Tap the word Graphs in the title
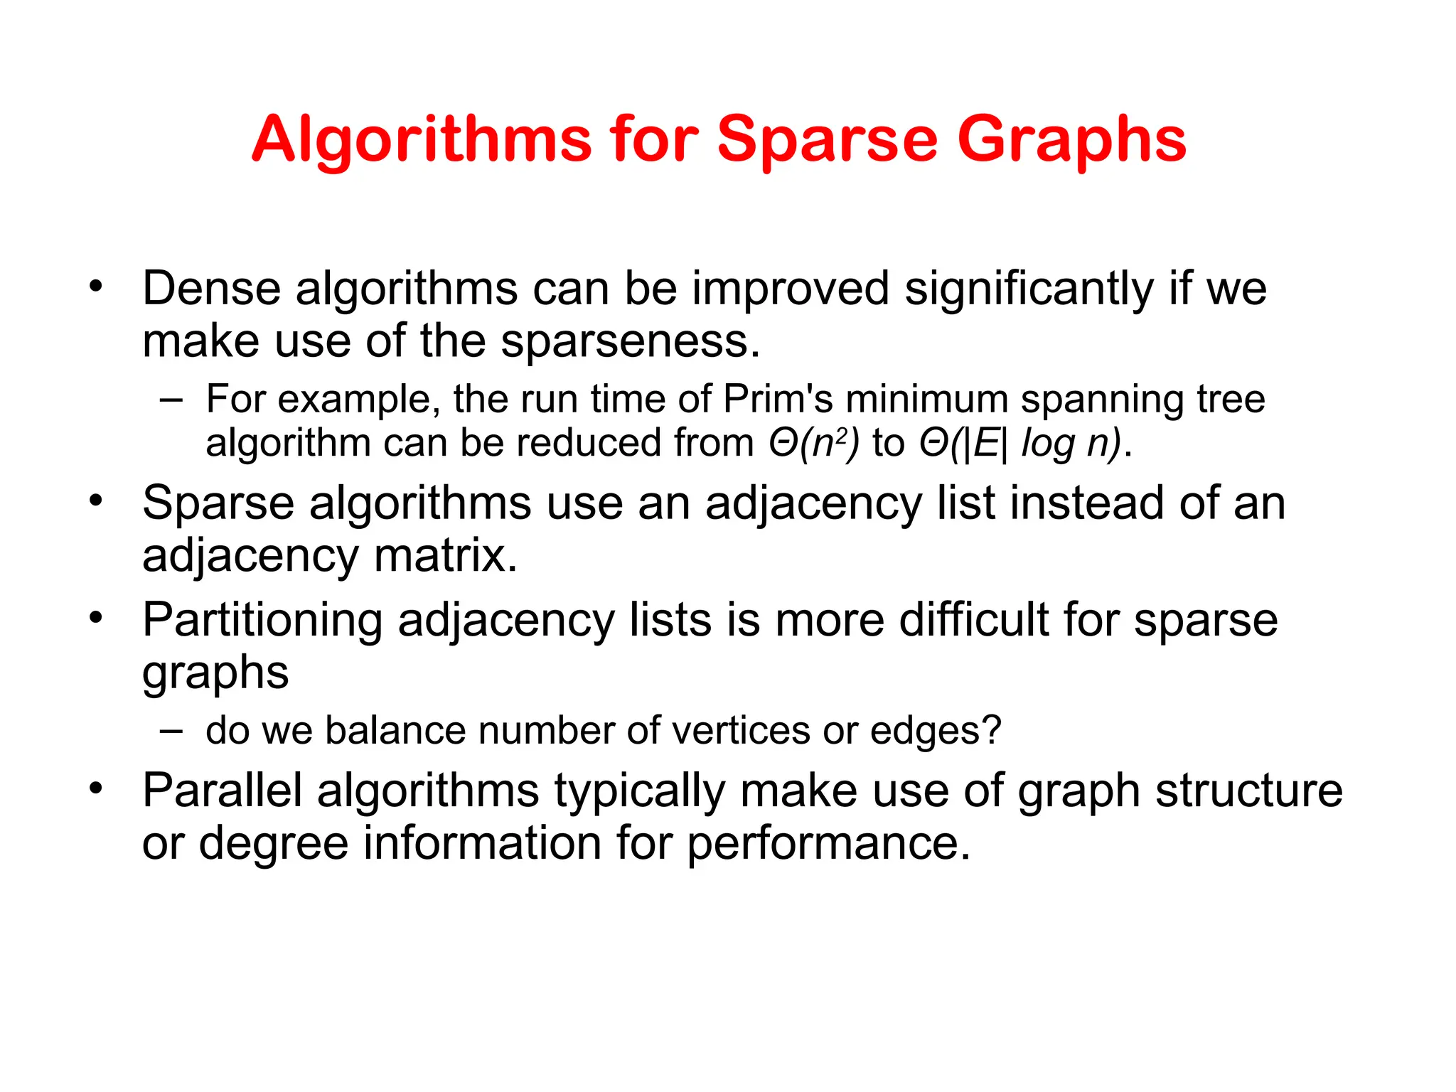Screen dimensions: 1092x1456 pyautogui.click(x=1071, y=141)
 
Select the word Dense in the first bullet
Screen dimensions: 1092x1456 pyautogui.click(x=211, y=289)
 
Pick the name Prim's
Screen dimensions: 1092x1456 pyautogui.click(x=778, y=399)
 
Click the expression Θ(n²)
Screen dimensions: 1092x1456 pyautogui.click(x=814, y=444)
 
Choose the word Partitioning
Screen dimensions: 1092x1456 pyautogui.click(x=262, y=621)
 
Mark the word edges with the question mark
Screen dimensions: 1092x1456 pyautogui.click(x=936, y=731)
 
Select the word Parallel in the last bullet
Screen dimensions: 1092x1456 pyautogui.click(x=223, y=791)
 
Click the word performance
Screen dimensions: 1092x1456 pyautogui.click(x=828, y=843)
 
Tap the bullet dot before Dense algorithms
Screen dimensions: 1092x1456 pyautogui.click(x=96, y=288)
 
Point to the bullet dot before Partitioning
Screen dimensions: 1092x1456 pyautogui.click(x=96, y=619)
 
